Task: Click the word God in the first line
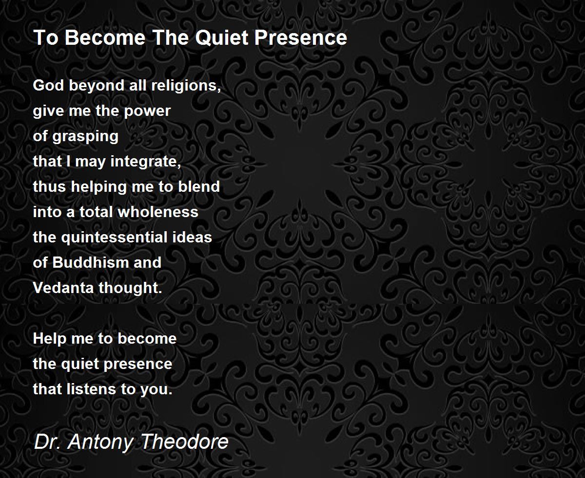pyautogui.click(x=49, y=85)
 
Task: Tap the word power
pyautogui.click(x=147, y=111)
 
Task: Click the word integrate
pyautogui.click(x=146, y=162)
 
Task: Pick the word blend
pyautogui.click(x=199, y=186)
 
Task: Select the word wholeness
pyautogui.click(x=158, y=212)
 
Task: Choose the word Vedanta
pyautogui.click(x=63, y=288)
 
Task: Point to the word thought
pyautogui.click(x=130, y=288)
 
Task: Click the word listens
pyautogui.click(x=91, y=389)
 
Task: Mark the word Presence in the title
pyautogui.click(x=300, y=37)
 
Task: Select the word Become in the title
pyautogui.click(x=105, y=37)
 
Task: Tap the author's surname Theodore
pyautogui.click(x=185, y=441)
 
